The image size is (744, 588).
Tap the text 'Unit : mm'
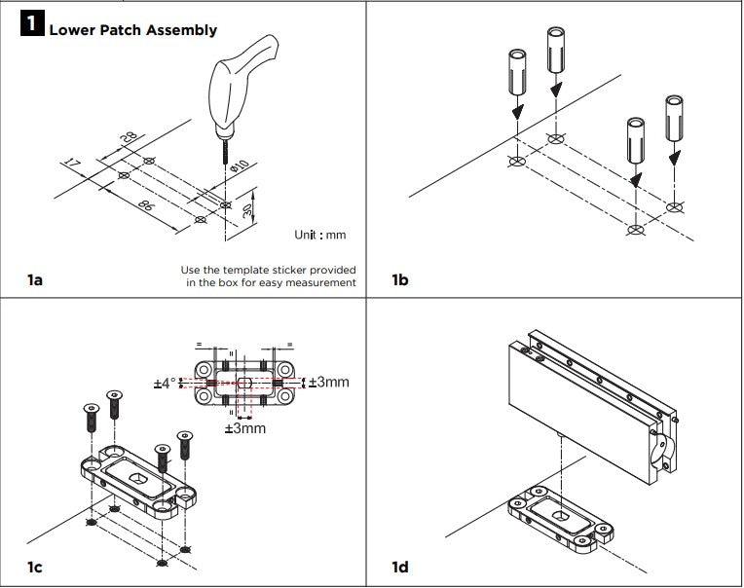[x=319, y=235]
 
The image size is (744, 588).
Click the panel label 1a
[x=35, y=280]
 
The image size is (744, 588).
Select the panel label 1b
[x=400, y=280]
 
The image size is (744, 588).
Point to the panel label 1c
[x=35, y=567]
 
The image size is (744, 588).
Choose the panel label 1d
[x=400, y=567]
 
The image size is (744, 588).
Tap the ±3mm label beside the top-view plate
[x=329, y=383]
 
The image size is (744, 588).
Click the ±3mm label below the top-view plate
[x=244, y=428]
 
